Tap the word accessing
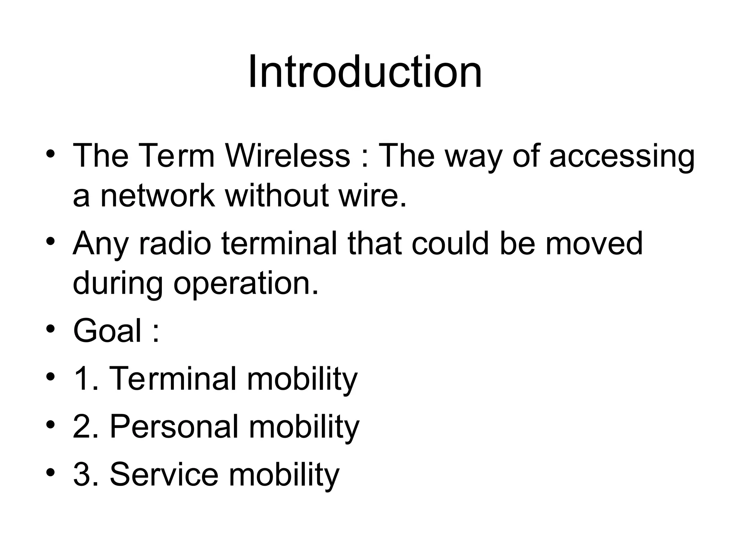coord(622,156)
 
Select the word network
coord(157,196)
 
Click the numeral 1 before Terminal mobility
coord(81,379)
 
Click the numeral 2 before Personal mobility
coord(82,426)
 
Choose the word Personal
coord(174,426)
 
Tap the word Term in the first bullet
coord(176,156)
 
